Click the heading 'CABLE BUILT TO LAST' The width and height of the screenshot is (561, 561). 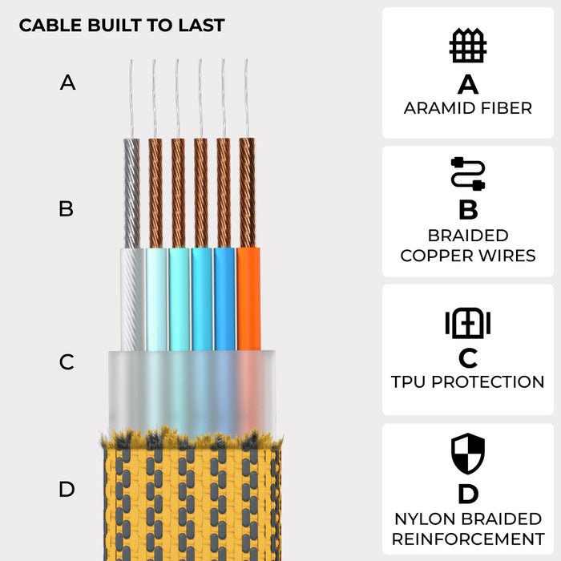pos(121,25)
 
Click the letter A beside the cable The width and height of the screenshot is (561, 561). pos(68,83)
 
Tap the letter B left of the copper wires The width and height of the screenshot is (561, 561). pos(67,209)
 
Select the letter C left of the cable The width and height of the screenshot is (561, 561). pos(67,362)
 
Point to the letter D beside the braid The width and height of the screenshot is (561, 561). pos(67,489)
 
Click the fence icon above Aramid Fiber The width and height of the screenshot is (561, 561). pos(467,46)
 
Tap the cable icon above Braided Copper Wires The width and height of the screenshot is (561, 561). pos(467,174)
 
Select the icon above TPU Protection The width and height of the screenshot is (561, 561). pos(467,323)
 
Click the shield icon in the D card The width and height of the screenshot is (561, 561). pos(468,453)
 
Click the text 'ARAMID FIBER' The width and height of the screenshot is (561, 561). pos(468,108)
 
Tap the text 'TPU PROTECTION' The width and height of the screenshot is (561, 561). pos(468,382)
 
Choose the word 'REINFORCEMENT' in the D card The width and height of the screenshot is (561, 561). pos(468,539)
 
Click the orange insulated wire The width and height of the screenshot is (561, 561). pos(248,298)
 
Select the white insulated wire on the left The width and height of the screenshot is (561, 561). pos(133,298)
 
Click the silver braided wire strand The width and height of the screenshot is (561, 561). pos(133,192)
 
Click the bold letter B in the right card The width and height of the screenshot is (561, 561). pos(468,211)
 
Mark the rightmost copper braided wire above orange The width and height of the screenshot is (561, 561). pos(248,192)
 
